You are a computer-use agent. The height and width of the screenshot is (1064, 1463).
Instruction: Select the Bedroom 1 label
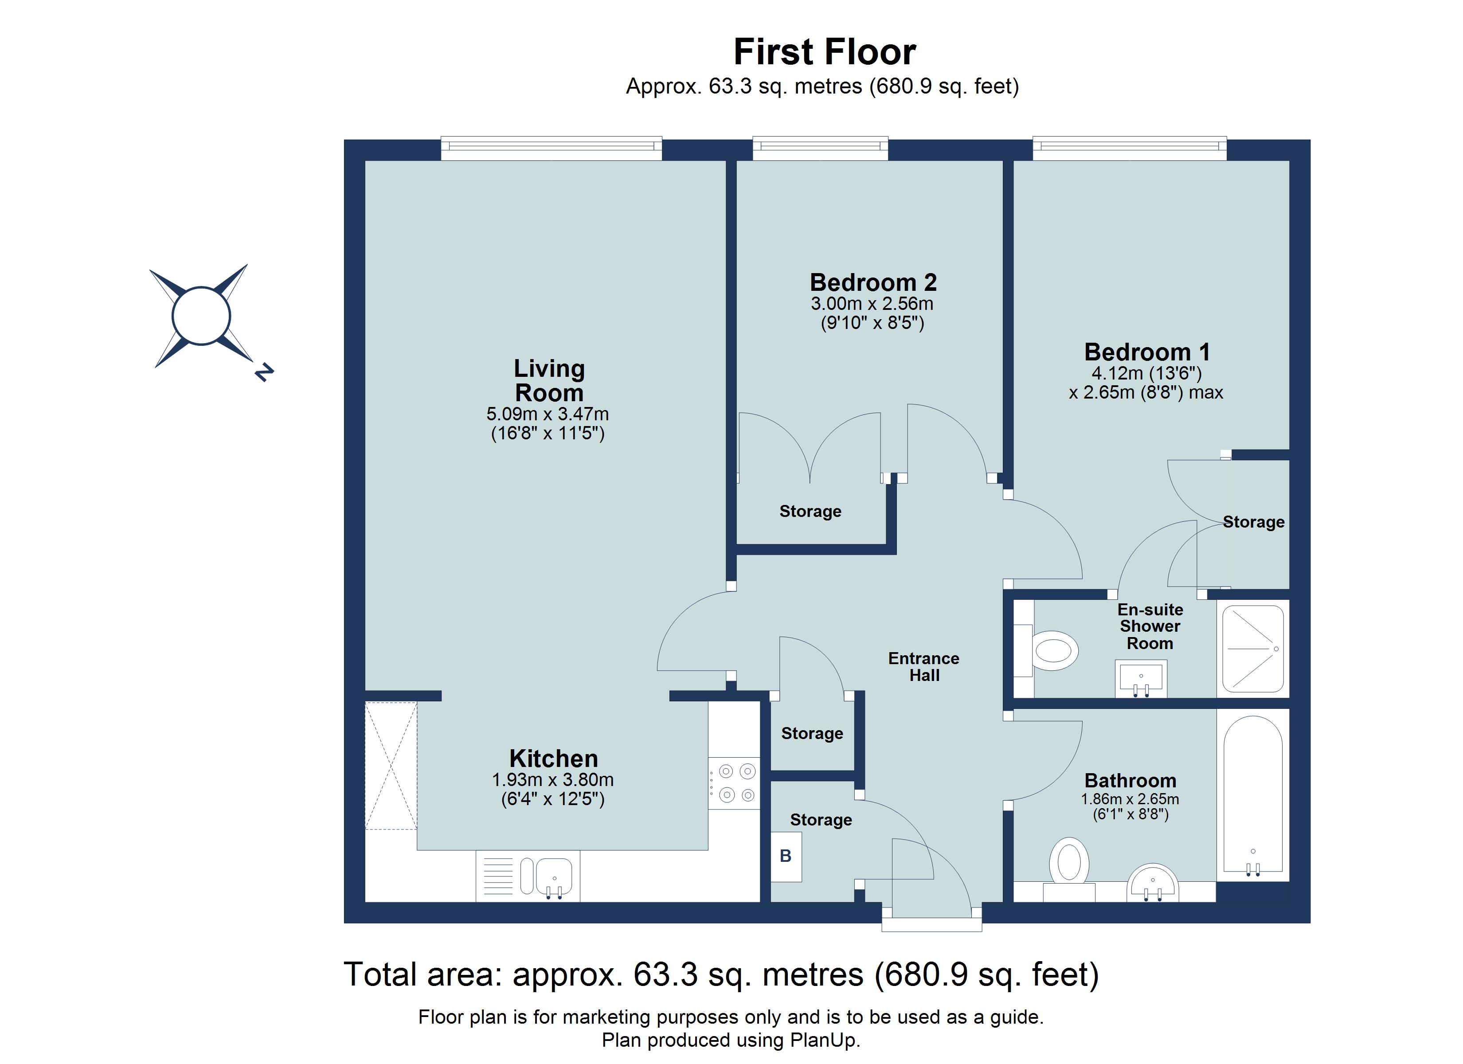[x=1146, y=352]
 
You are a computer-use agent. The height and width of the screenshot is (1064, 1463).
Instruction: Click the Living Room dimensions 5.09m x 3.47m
[x=547, y=414]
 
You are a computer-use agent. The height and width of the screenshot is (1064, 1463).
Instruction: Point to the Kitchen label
[x=553, y=758]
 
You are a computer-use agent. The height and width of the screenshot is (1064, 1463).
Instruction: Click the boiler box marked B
[x=786, y=856]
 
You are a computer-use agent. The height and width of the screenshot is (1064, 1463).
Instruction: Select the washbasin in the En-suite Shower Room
[x=1140, y=677]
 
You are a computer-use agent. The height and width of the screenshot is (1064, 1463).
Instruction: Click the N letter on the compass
[x=264, y=372]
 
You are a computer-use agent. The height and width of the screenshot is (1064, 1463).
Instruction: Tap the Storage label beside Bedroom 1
[x=1253, y=522]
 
